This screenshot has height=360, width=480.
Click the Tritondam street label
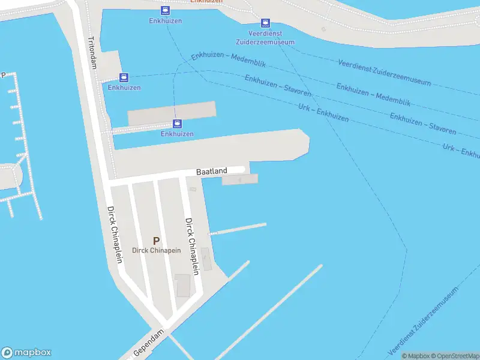click(x=92, y=53)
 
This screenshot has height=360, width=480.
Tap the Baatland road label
click(x=211, y=172)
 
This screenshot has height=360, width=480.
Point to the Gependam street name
click(x=149, y=343)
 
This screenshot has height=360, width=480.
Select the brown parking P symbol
click(x=156, y=241)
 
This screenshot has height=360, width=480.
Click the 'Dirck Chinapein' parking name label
click(x=156, y=251)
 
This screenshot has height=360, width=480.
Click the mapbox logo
click(x=26, y=353)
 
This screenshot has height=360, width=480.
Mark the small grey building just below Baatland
click(x=239, y=179)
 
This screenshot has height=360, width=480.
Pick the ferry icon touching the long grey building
click(x=177, y=124)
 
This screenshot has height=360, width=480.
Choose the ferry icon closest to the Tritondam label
click(x=124, y=77)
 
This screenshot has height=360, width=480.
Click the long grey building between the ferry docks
click(x=172, y=112)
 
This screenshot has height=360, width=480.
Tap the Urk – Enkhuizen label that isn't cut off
click(x=323, y=111)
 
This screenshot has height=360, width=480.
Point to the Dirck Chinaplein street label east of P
click(x=192, y=246)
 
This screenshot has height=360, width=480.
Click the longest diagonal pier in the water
click(x=270, y=311)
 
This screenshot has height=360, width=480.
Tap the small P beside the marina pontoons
click(x=3, y=75)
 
